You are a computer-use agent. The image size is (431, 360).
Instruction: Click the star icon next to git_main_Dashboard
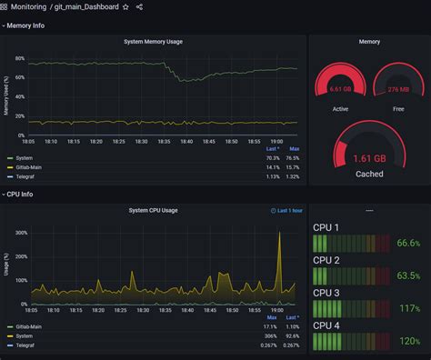pos(125,7)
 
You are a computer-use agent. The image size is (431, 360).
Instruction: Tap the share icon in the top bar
pos(139,7)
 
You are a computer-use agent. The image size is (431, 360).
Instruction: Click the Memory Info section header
pos(25,25)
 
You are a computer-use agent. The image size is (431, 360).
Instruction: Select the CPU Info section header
pos(20,194)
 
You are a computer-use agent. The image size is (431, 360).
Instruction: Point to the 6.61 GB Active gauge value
pos(339,89)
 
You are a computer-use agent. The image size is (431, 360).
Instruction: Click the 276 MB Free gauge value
pos(398,89)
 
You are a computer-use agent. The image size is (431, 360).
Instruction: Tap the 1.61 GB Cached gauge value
pos(369,156)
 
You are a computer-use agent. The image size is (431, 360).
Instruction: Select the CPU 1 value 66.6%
pos(407,244)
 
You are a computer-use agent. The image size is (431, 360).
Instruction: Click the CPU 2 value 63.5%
pos(407,276)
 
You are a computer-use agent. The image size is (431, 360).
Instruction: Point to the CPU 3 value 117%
pos(409,309)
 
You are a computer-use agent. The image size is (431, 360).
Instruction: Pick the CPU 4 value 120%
pos(409,341)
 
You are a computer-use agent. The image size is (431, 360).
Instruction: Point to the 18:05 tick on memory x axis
pos(28,141)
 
